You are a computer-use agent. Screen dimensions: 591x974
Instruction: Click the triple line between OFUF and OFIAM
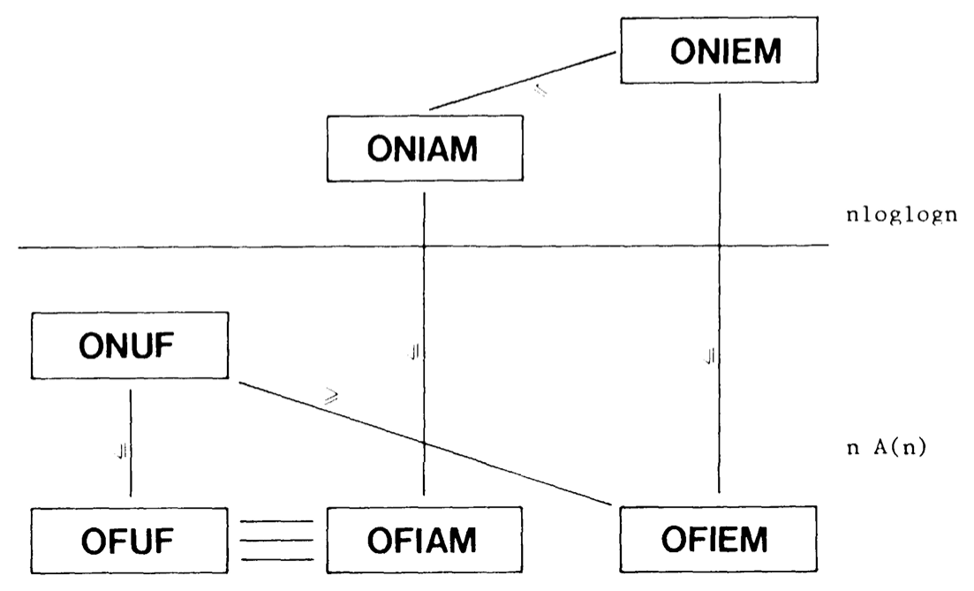[x=276, y=539]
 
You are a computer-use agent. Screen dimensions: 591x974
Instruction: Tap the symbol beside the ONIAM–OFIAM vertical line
[x=413, y=354]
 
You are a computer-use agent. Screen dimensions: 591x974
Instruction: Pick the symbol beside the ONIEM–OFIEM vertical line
[x=709, y=358]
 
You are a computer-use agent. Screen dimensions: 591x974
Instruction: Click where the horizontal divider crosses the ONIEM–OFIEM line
[x=720, y=246]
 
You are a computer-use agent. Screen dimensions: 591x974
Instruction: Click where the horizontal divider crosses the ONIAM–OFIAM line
[x=425, y=246]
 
